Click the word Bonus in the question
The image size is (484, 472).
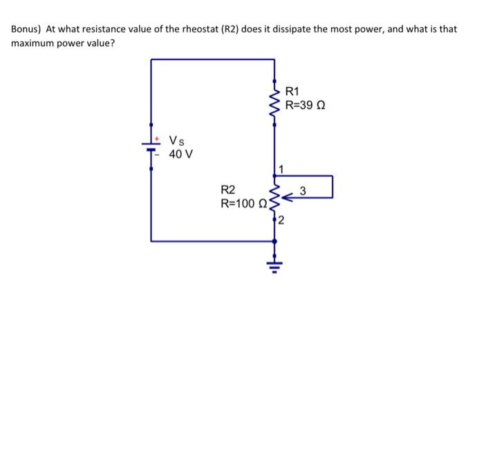coord(25,30)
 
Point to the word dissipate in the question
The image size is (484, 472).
coord(298,30)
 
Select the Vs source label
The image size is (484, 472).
coord(176,141)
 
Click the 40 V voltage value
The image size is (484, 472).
coord(180,154)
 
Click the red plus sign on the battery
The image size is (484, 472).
coord(158,138)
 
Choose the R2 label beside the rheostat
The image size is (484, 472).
coord(227,190)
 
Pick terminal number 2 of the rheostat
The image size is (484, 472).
coord(281,221)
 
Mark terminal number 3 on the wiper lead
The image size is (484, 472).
coord(303,191)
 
